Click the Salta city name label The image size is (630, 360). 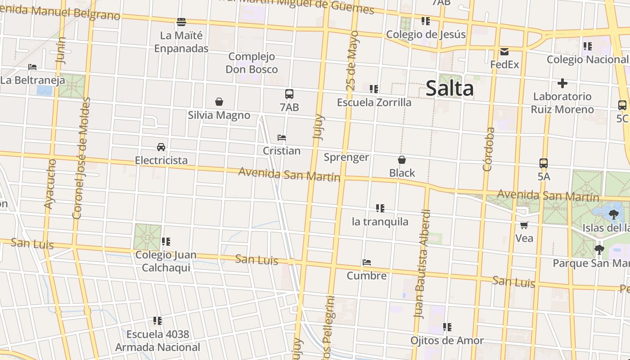(449, 88)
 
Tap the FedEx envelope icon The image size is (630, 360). (504, 52)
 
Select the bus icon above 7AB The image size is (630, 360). (289, 94)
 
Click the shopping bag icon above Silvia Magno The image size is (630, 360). (219, 102)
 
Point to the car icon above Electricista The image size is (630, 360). (161, 147)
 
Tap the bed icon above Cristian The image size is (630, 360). (282, 137)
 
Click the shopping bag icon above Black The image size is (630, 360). (402, 160)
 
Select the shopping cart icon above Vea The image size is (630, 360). (524, 225)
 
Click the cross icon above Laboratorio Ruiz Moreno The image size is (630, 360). (562, 83)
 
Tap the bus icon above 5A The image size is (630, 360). (544, 163)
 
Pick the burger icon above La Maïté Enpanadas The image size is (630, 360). (181, 22)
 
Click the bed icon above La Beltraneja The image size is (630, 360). (32, 67)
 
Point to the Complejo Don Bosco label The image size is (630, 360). (252, 63)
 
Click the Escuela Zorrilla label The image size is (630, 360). (374, 103)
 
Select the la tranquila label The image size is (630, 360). (380, 221)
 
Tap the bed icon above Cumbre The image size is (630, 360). (367, 262)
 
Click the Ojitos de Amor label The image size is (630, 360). (447, 341)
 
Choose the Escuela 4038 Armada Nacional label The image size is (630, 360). (157, 341)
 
